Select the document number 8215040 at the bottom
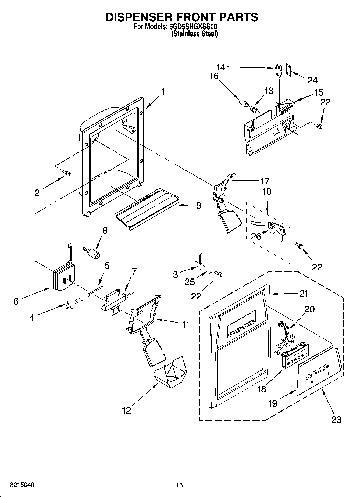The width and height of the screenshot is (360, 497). point(22,485)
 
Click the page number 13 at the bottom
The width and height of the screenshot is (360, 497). point(179,485)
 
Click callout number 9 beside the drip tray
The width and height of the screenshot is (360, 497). point(198,206)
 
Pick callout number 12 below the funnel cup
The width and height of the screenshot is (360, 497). point(126,410)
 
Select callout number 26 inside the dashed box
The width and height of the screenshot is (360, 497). point(256,236)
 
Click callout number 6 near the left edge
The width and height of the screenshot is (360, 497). point(16,301)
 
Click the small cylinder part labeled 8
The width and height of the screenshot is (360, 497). point(93,253)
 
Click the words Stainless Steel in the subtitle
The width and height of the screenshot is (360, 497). point(194,34)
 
